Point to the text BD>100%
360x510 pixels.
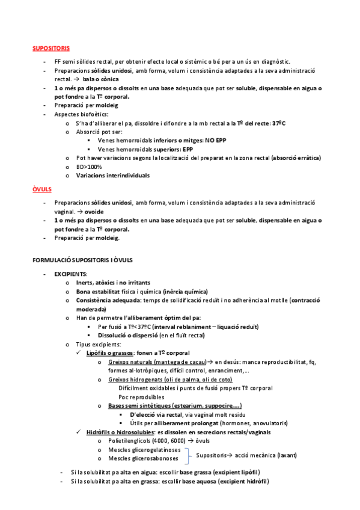pos(90,167)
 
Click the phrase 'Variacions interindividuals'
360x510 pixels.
pos(112,176)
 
